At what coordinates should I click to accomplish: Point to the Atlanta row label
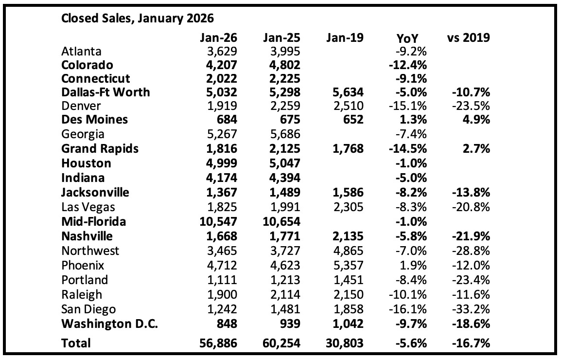pos(81,51)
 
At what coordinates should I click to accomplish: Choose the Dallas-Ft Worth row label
pos(105,92)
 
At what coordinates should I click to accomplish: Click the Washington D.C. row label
pos(109,324)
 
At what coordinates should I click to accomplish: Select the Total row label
pos(76,343)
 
